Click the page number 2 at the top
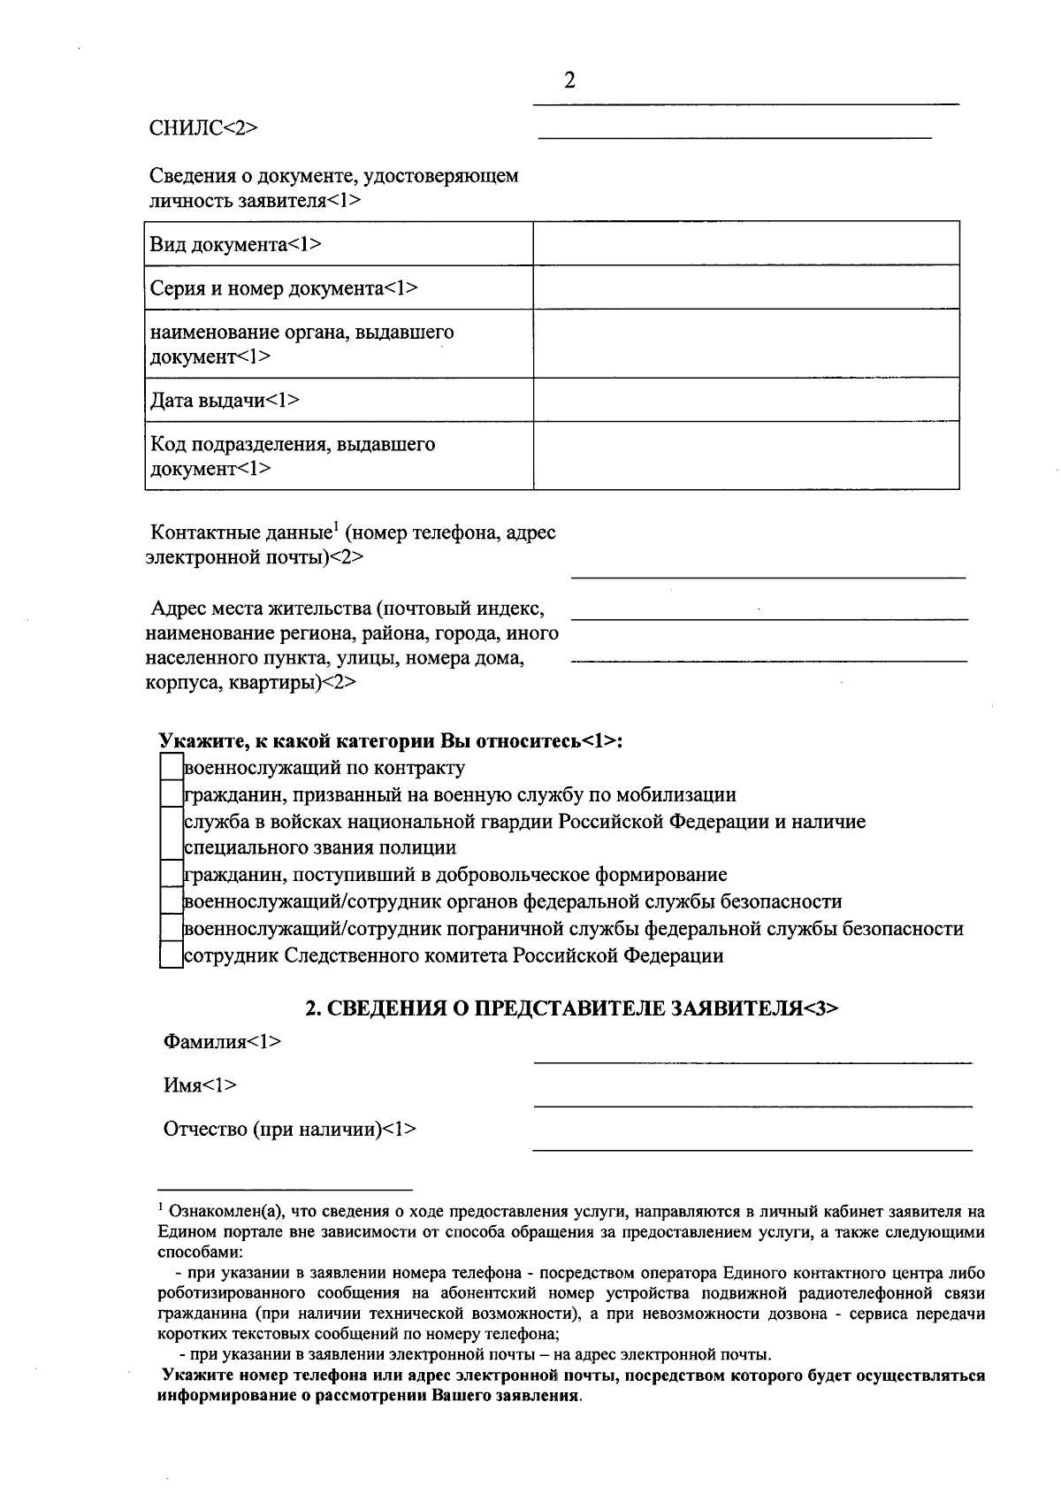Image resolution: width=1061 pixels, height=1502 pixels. click(569, 81)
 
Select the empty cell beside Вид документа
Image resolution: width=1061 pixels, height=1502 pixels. click(745, 243)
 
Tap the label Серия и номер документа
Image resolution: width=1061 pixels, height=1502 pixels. click(283, 288)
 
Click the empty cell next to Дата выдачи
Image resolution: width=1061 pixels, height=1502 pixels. click(745, 400)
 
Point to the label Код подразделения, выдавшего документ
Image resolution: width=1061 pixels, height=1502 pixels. click(292, 456)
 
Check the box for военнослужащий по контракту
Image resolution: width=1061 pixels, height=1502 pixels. click(171, 768)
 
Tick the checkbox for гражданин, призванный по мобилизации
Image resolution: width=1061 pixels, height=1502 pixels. click(171, 794)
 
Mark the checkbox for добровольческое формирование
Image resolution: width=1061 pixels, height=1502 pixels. click(171, 875)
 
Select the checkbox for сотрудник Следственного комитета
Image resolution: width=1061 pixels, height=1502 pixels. click(171, 955)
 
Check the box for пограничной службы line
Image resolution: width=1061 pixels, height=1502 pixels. click(171, 929)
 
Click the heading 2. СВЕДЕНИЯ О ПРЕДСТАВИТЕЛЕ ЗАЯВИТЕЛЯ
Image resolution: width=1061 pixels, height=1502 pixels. click(571, 1008)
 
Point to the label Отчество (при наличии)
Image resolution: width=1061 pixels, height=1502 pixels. click(289, 1130)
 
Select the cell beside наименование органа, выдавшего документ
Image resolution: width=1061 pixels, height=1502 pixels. click(745, 343)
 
